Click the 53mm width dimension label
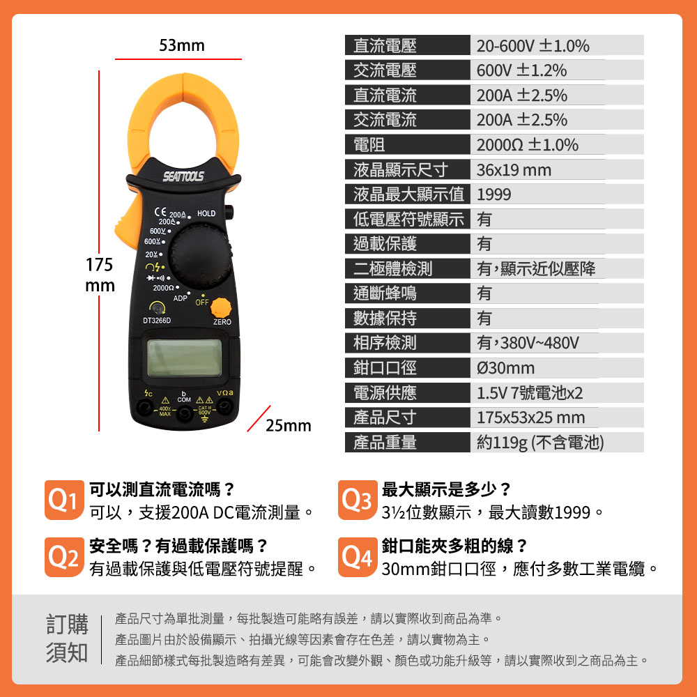[x=182, y=45]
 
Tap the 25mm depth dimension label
[x=288, y=425]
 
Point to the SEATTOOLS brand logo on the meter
[x=183, y=176]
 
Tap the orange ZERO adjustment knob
[x=221, y=307]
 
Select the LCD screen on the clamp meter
[x=184, y=358]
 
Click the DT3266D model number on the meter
[x=156, y=321]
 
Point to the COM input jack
[x=184, y=414]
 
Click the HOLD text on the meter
[x=206, y=213]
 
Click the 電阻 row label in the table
[x=369, y=145]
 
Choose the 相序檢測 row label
[x=385, y=343]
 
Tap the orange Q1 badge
[x=64, y=500]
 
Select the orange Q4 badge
[x=358, y=557]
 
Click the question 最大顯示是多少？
[x=446, y=489]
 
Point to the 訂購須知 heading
[x=67, y=638]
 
